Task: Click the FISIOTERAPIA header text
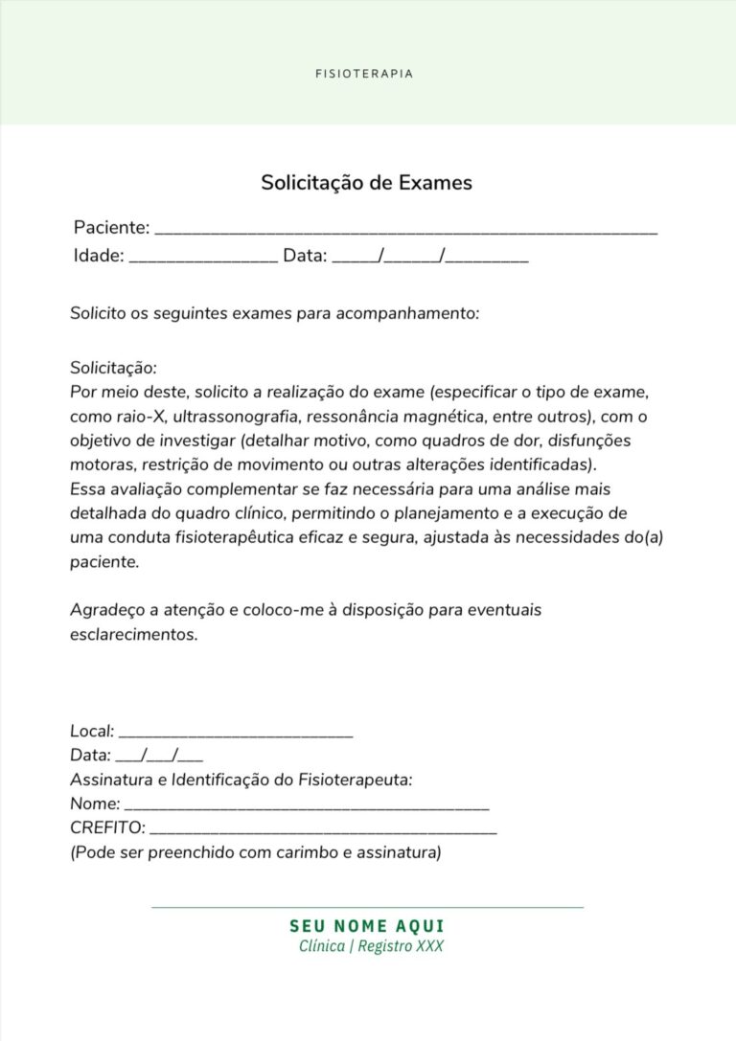pos(364,74)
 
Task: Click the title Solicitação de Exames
pos(366,182)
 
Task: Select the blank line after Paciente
pos(405,231)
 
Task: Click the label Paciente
pos(111,228)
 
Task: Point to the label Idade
pos(99,256)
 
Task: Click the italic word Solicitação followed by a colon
pos(113,368)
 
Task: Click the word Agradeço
pos(104,609)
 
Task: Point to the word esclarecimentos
pos(133,634)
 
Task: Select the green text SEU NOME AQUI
pos(367,926)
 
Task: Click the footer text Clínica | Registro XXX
pos(372,946)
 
